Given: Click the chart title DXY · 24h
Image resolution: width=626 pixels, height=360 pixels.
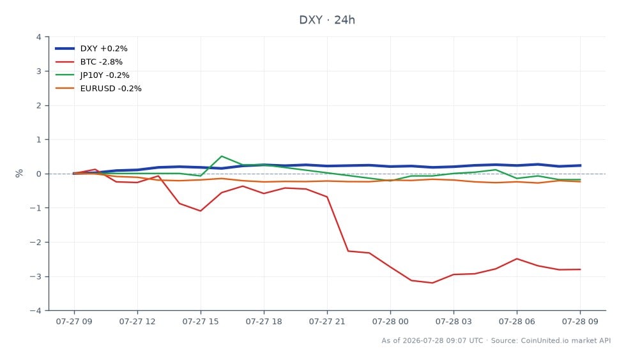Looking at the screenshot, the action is (327, 20).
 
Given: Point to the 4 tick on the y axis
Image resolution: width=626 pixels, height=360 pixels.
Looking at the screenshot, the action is (38, 37).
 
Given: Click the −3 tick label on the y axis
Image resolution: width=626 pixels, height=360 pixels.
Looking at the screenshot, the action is (36, 276).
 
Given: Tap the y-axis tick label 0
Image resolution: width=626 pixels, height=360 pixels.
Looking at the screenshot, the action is (38, 174).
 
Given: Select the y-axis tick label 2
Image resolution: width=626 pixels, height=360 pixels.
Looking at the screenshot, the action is (38, 105).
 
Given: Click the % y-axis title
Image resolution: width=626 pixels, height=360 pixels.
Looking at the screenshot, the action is (19, 173).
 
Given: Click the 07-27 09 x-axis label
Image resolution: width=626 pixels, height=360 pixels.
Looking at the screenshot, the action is (74, 321).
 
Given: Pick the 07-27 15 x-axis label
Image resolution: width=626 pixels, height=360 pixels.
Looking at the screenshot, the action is (201, 321).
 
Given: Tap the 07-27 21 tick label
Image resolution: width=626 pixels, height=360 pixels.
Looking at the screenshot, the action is (327, 321).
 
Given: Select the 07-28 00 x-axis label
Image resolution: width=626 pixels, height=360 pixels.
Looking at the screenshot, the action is (390, 321).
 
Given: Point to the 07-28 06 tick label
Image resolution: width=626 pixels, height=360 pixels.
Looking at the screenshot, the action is (517, 321).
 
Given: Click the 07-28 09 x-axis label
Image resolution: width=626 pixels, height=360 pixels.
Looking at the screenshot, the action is (580, 321).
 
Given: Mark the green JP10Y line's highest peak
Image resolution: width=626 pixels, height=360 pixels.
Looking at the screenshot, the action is (222, 156).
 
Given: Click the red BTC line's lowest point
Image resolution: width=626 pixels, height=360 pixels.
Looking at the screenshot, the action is (432, 283).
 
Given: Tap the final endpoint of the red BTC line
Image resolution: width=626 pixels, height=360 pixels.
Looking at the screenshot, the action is (580, 269).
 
